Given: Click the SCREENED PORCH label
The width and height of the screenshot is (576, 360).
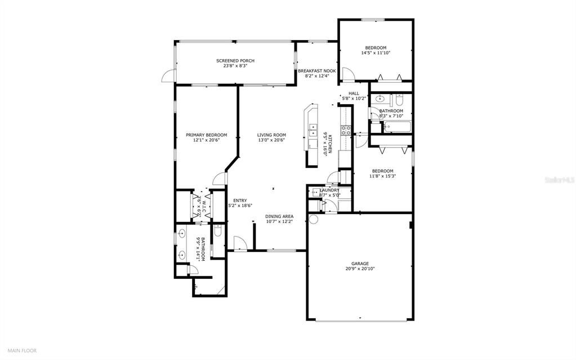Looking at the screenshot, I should tap(235, 60).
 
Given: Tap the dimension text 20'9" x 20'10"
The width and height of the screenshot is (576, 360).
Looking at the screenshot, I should tap(360, 269).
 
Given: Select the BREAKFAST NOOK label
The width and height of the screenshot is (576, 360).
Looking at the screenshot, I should tap(316, 71).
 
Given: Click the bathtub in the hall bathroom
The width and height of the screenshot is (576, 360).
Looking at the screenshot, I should tap(398, 127).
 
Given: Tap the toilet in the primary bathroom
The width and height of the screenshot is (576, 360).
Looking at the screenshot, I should tap(217, 231).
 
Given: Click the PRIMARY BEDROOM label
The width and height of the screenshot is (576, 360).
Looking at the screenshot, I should tap(207, 135).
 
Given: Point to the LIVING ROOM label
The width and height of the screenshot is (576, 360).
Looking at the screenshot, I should tap(271, 135).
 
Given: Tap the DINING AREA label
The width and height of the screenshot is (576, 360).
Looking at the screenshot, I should tap(279, 216).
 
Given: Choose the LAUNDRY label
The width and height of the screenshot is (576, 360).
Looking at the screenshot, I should tap(329, 190).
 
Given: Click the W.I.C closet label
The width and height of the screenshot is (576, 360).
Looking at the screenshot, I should tap(203, 205).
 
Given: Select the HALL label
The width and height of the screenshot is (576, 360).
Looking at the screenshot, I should tap(354, 94).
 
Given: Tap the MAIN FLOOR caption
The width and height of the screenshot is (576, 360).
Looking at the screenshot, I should tap(22, 350).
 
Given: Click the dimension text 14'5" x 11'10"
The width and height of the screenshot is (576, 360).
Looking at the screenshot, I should tap(376, 53).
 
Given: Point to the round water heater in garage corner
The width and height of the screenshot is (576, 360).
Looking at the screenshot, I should tap(314, 219).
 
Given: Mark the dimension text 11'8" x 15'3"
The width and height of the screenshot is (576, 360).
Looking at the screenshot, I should tap(382, 176).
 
